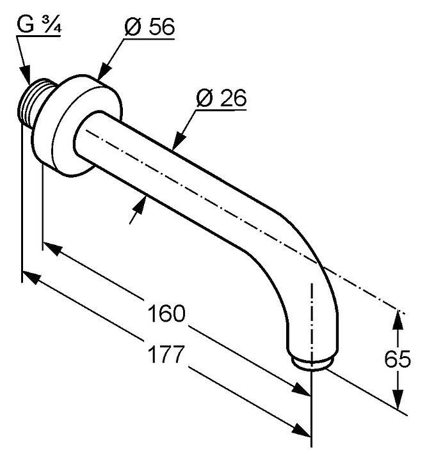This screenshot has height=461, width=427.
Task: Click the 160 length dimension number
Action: pos(166,314)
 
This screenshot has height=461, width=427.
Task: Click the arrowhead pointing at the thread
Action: pos(26,76)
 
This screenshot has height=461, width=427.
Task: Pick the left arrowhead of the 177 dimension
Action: pos(30,277)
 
